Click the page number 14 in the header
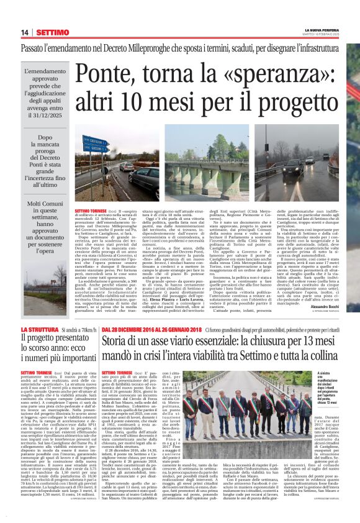(25, 32)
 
